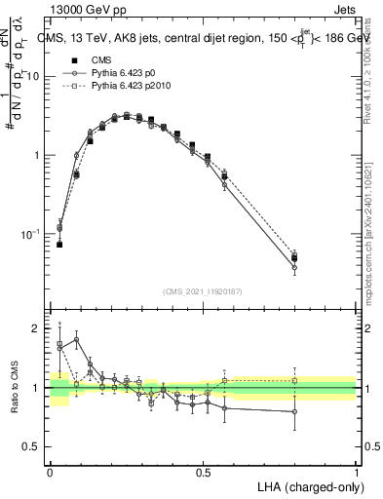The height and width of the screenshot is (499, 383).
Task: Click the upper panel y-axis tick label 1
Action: (38, 156)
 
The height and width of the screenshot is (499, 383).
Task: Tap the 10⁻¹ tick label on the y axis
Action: (32, 234)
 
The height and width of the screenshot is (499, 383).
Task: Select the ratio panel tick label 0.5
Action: (34, 446)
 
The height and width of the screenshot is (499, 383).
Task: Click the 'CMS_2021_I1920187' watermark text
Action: (204, 291)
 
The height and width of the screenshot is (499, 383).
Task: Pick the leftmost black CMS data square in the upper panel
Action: (59, 244)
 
